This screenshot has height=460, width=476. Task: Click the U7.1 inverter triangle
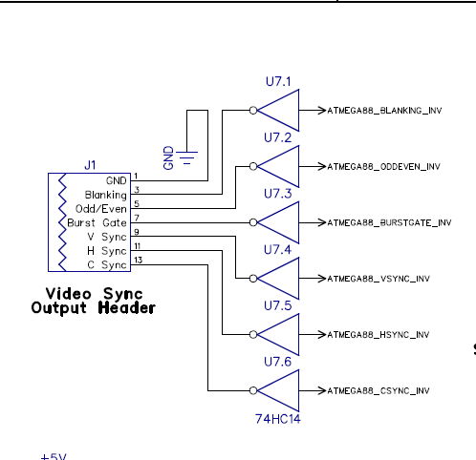point(278,111)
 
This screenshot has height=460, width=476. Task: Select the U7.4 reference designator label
point(277,250)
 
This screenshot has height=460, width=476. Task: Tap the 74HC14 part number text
point(278,419)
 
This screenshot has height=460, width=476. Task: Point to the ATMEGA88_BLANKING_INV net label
point(384,111)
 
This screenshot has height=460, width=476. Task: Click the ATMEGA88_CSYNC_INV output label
point(379,390)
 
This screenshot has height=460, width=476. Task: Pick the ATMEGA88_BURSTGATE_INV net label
point(389,222)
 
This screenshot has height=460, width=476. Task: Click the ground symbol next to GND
point(187,158)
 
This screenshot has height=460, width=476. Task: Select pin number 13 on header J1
point(138,260)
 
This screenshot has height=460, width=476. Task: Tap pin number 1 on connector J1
point(136,176)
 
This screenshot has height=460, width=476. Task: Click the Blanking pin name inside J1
point(106,195)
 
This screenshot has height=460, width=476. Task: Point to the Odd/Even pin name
point(101,209)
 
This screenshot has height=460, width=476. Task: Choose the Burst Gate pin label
point(97,222)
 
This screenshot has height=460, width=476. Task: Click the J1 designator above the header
point(90,165)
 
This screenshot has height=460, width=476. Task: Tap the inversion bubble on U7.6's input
point(253,390)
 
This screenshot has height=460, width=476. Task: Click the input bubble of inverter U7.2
point(253,166)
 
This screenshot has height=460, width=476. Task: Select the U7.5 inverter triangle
point(278,334)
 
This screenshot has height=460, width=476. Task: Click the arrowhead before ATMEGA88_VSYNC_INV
point(322,279)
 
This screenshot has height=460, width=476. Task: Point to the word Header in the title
point(127,308)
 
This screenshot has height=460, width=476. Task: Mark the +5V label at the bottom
point(54,457)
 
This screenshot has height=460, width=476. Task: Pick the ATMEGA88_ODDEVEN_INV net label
point(383,167)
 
